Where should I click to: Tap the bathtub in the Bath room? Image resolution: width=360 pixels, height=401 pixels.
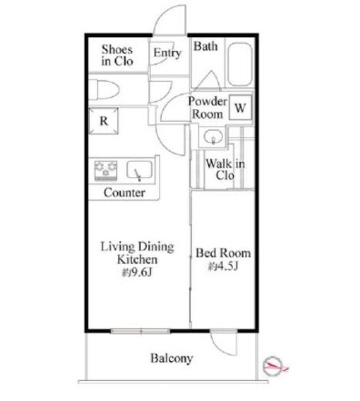[241, 64]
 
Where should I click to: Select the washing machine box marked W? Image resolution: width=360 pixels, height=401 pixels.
[241, 107]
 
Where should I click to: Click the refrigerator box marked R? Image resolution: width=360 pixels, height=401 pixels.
[103, 121]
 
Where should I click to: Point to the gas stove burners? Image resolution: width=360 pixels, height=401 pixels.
[106, 170]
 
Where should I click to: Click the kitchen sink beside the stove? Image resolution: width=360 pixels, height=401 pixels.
[140, 170]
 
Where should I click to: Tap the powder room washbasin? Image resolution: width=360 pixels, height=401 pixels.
[213, 136]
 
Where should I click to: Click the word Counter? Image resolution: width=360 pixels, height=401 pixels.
[124, 193]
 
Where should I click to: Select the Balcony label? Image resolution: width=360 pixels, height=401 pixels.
[171, 359]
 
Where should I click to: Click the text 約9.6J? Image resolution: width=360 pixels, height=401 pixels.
[137, 273]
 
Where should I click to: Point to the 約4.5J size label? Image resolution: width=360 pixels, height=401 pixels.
[223, 267]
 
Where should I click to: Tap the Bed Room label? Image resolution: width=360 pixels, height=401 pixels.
[223, 253]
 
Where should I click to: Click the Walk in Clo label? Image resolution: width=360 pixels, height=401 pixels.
[225, 170]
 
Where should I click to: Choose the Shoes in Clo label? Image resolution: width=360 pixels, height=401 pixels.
[117, 56]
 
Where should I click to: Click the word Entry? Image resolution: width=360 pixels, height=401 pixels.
[167, 53]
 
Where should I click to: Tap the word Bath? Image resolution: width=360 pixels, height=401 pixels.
[205, 46]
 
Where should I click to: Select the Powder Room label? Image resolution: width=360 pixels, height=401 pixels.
[207, 108]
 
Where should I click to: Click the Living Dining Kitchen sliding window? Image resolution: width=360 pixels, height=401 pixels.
[140, 331]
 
